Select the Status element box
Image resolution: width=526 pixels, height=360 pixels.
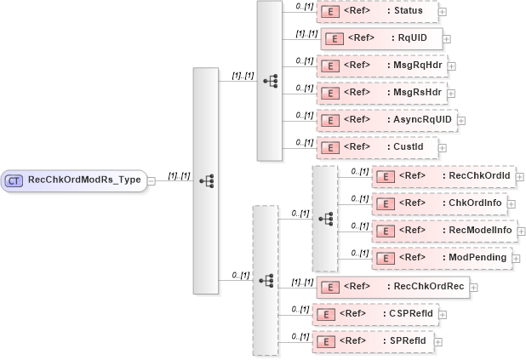(x=377, y=11)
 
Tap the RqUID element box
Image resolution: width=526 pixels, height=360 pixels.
(x=381, y=38)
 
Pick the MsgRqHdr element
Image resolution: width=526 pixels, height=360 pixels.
(x=382, y=65)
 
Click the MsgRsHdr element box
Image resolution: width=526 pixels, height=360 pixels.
(x=382, y=92)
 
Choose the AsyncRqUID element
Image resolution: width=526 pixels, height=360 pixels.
(x=386, y=120)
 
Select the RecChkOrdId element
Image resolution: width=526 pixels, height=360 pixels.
(x=443, y=176)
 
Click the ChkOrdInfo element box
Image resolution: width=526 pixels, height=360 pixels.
(x=443, y=203)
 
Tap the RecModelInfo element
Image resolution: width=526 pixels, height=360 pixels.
(x=443, y=231)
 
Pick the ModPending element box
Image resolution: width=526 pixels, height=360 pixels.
(x=443, y=257)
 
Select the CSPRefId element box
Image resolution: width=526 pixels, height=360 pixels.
(x=374, y=314)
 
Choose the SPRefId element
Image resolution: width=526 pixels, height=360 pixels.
(x=373, y=341)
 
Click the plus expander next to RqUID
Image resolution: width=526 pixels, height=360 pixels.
(x=447, y=39)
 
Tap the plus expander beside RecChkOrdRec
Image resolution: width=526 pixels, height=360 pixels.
(x=474, y=287)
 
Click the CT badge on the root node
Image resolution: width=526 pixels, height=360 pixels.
(x=14, y=180)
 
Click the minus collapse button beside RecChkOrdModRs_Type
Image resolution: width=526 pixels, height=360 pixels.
(x=151, y=180)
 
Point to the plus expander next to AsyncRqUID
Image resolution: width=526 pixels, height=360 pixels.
(x=462, y=121)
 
